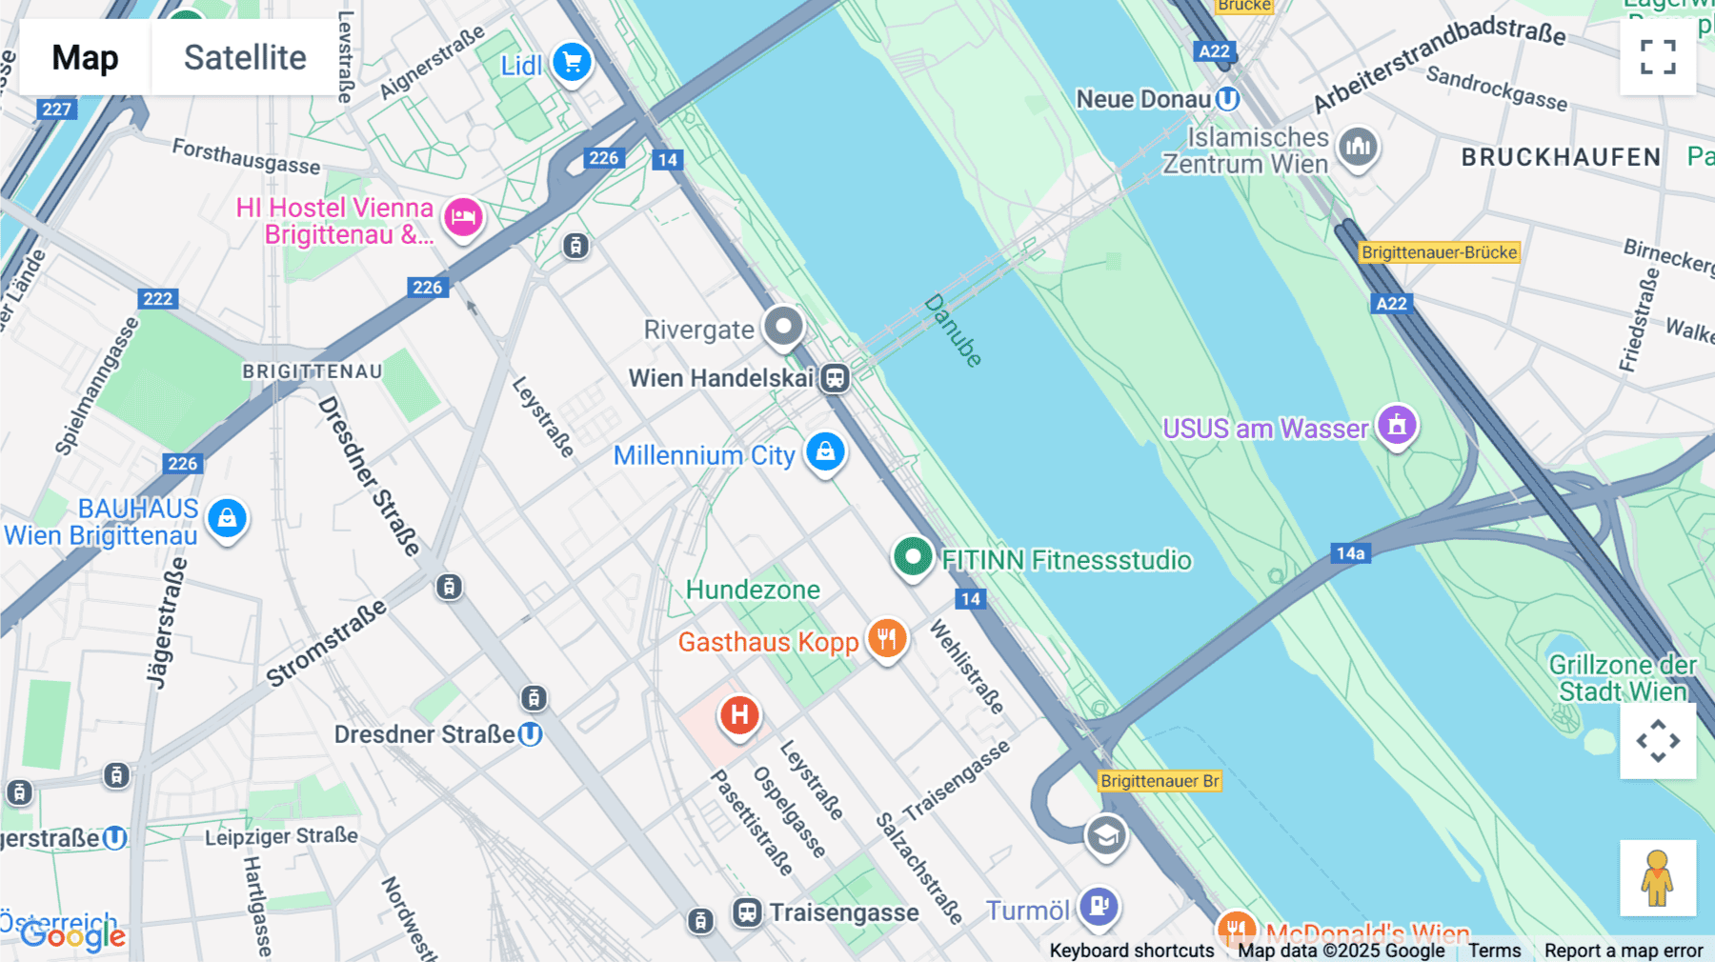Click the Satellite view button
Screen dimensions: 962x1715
245,57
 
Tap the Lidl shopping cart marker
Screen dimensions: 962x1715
572,63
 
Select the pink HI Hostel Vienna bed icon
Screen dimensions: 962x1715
463,217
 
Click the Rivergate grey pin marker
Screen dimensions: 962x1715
783,327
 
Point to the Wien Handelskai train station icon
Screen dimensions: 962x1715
835,378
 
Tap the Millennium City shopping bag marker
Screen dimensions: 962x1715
825,451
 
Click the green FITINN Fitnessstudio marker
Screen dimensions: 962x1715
912,555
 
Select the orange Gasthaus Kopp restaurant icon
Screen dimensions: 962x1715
886,638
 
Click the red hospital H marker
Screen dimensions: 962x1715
739,714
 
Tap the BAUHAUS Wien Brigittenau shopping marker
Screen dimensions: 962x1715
227,518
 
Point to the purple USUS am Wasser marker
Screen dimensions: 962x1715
1397,425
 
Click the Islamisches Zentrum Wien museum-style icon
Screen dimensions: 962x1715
1358,147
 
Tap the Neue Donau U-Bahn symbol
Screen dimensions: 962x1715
1228,99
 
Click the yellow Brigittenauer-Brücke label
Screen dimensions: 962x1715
1439,252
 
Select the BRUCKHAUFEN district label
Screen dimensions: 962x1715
1561,157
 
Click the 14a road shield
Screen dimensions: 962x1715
1350,553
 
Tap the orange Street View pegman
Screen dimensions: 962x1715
1657,878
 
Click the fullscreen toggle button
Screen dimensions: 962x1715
1657,57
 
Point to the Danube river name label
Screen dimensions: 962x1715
952,331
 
